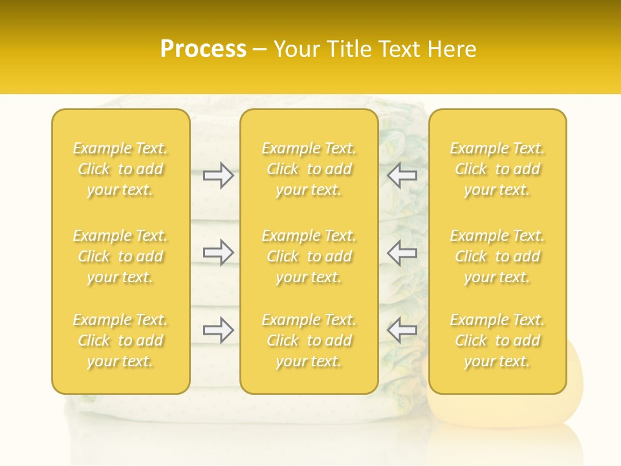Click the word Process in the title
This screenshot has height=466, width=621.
pyautogui.click(x=203, y=49)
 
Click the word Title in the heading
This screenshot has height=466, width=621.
pyautogui.click(x=348, y=49)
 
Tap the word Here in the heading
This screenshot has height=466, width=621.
pyautogui.click(x=451, y=49)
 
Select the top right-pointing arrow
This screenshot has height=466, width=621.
pyautogui.click(x=218, y=175)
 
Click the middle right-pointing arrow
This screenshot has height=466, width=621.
pyautogui.click(x=218, y=252)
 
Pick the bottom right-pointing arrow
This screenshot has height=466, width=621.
pyautogui.click(x=218, y=330)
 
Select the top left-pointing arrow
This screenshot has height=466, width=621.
pyautogui.click(x=402, y=175)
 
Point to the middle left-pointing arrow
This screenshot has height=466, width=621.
pyautogui.click(x=402, y=252)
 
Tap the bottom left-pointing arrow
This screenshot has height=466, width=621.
pyautogui.click(x=402, y=330)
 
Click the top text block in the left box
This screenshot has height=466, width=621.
pyautogui.click(x=120, y=169)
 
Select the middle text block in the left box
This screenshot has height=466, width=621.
pyautogui.click(x=120, y=256)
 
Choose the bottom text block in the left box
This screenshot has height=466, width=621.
pyautogui.click(x=120, y=340)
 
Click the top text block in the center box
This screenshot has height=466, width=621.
pyautogui.click(x=309, y=169)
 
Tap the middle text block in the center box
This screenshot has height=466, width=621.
pyautogui.click(x=309, y=256)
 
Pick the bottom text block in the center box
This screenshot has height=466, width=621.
pyautogui.click(x=309, y=340)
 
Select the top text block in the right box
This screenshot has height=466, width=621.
pyautogui.click(x=497, y=169)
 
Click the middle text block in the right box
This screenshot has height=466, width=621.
pyautogui.click(x=497, y=256)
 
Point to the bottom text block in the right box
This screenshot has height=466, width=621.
pyautogui.click(x=497, y=340)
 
